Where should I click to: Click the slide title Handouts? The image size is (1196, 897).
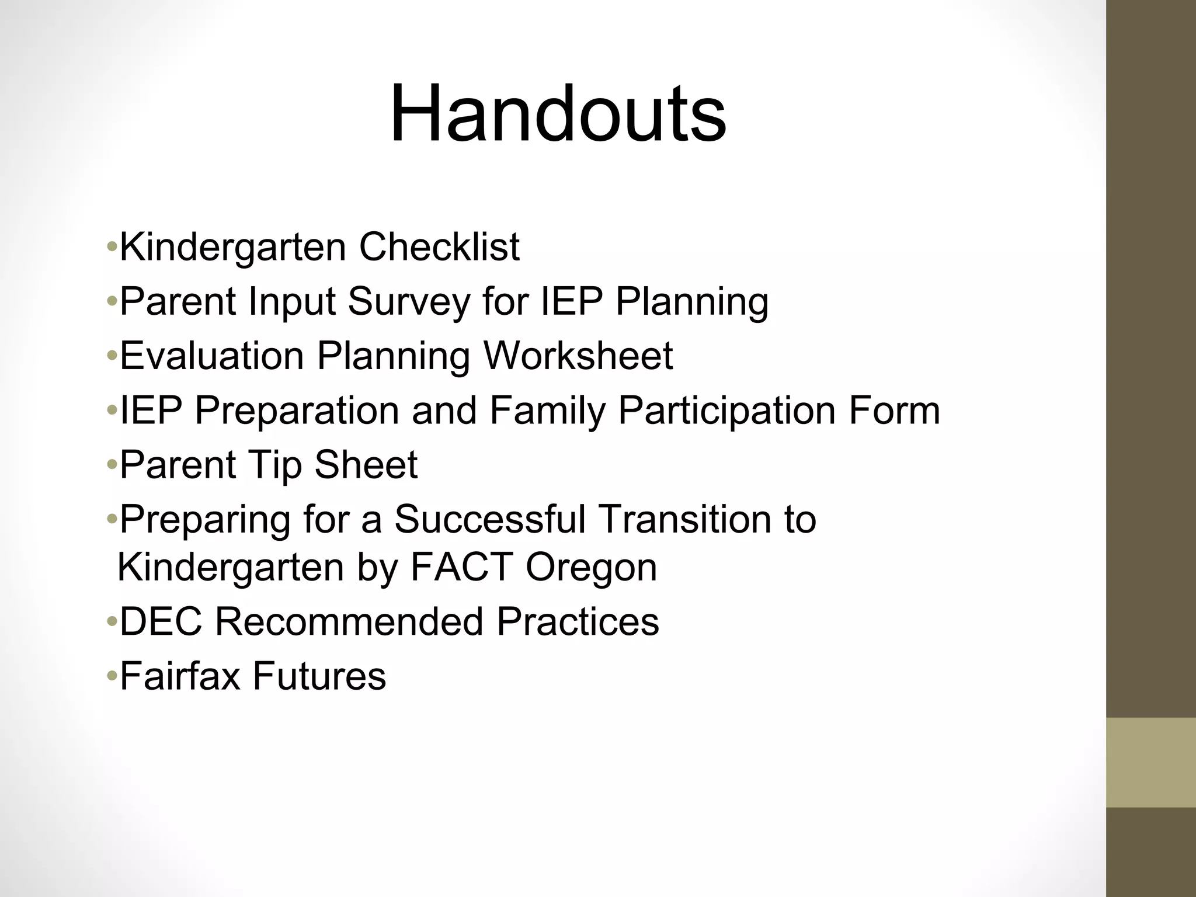[558, 114]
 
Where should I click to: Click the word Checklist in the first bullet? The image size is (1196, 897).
[439, 247]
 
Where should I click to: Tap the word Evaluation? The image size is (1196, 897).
[212, 356]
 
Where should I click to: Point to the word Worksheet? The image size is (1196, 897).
[578, 356]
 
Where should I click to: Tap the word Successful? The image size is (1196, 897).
[489, 519]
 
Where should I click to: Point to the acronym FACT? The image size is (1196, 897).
[461, 567]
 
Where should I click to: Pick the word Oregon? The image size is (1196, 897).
[591, 567]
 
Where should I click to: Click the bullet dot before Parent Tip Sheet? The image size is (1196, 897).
[112, 466]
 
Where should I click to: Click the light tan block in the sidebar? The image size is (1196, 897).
[1150, 763]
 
